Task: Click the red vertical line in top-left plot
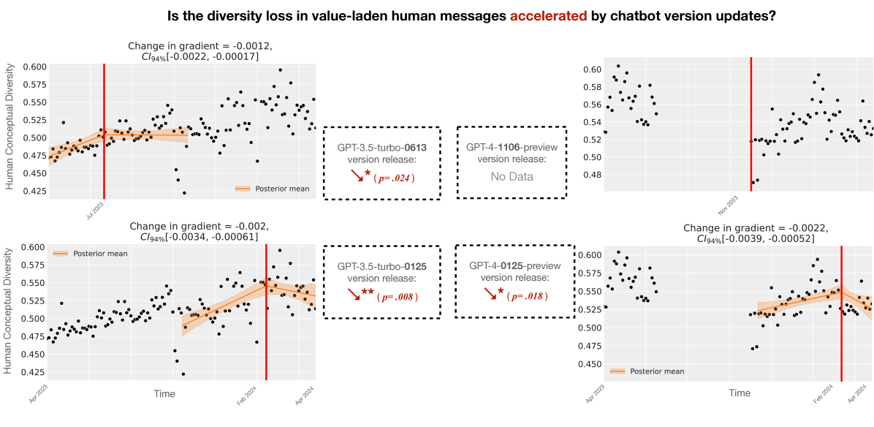click(x=104, y=132)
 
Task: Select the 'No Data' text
click(x=512, y=176)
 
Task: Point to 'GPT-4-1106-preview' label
click(x=512, y=147)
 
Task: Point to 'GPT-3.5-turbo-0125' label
click(x=381, y=267)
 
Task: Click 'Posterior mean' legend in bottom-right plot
click(x=656, y=371)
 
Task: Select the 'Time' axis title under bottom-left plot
click(x=164, y=393)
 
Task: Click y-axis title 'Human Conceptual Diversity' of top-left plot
click(x=10, y=129)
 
